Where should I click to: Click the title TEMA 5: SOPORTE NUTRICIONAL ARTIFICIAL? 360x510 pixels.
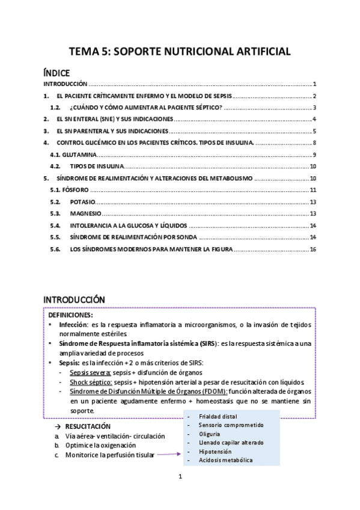pyautogui.click(x=180, y=52)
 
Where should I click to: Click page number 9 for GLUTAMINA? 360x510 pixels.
pyautogui.click(x=314, y=155)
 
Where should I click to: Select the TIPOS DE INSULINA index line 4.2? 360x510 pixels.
pyautogui.click(x=97, y=167)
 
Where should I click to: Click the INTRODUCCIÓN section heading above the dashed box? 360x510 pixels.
pyautogui.click(x=75, y=300)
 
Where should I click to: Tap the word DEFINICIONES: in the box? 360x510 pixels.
pyautogui.click(x=70, y=315)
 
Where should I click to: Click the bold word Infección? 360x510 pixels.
pyautogui.click(x=74, y=325)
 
